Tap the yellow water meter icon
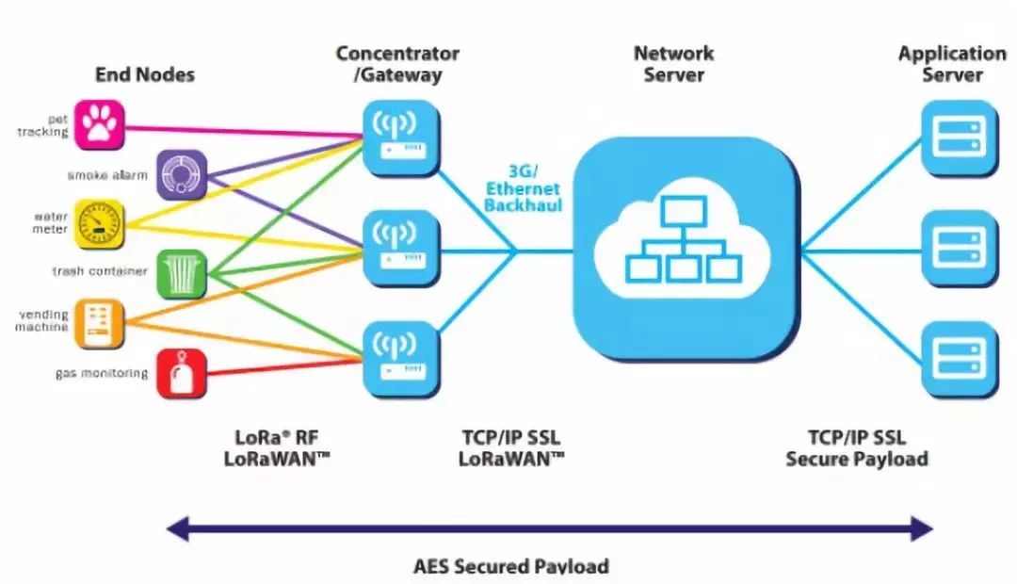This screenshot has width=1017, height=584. click(x=100, y=223)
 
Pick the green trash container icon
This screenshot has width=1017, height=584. click(x=181, y=273)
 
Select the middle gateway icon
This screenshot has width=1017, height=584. click(x=401, y=248)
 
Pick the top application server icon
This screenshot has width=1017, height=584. click(x=958, y=138)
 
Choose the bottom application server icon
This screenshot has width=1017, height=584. click(x=958, y=358)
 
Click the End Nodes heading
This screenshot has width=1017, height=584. click(x=144, y=74)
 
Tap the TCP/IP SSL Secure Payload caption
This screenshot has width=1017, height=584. click(x=857, y=448)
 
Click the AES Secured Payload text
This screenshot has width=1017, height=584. click(x=511, y=566)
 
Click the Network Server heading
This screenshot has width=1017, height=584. click(x=673, y=64)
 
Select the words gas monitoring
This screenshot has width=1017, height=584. click(x=102, y=373)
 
